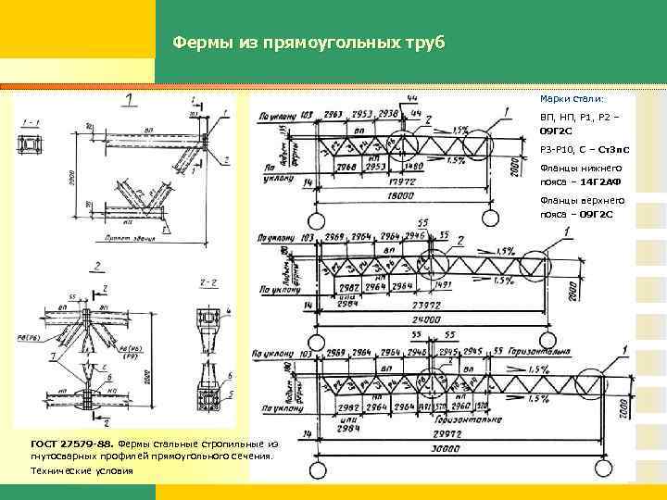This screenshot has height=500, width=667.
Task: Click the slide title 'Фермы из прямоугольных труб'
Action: coord(309,43)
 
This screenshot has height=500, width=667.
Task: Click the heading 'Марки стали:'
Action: coord(572,98)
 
